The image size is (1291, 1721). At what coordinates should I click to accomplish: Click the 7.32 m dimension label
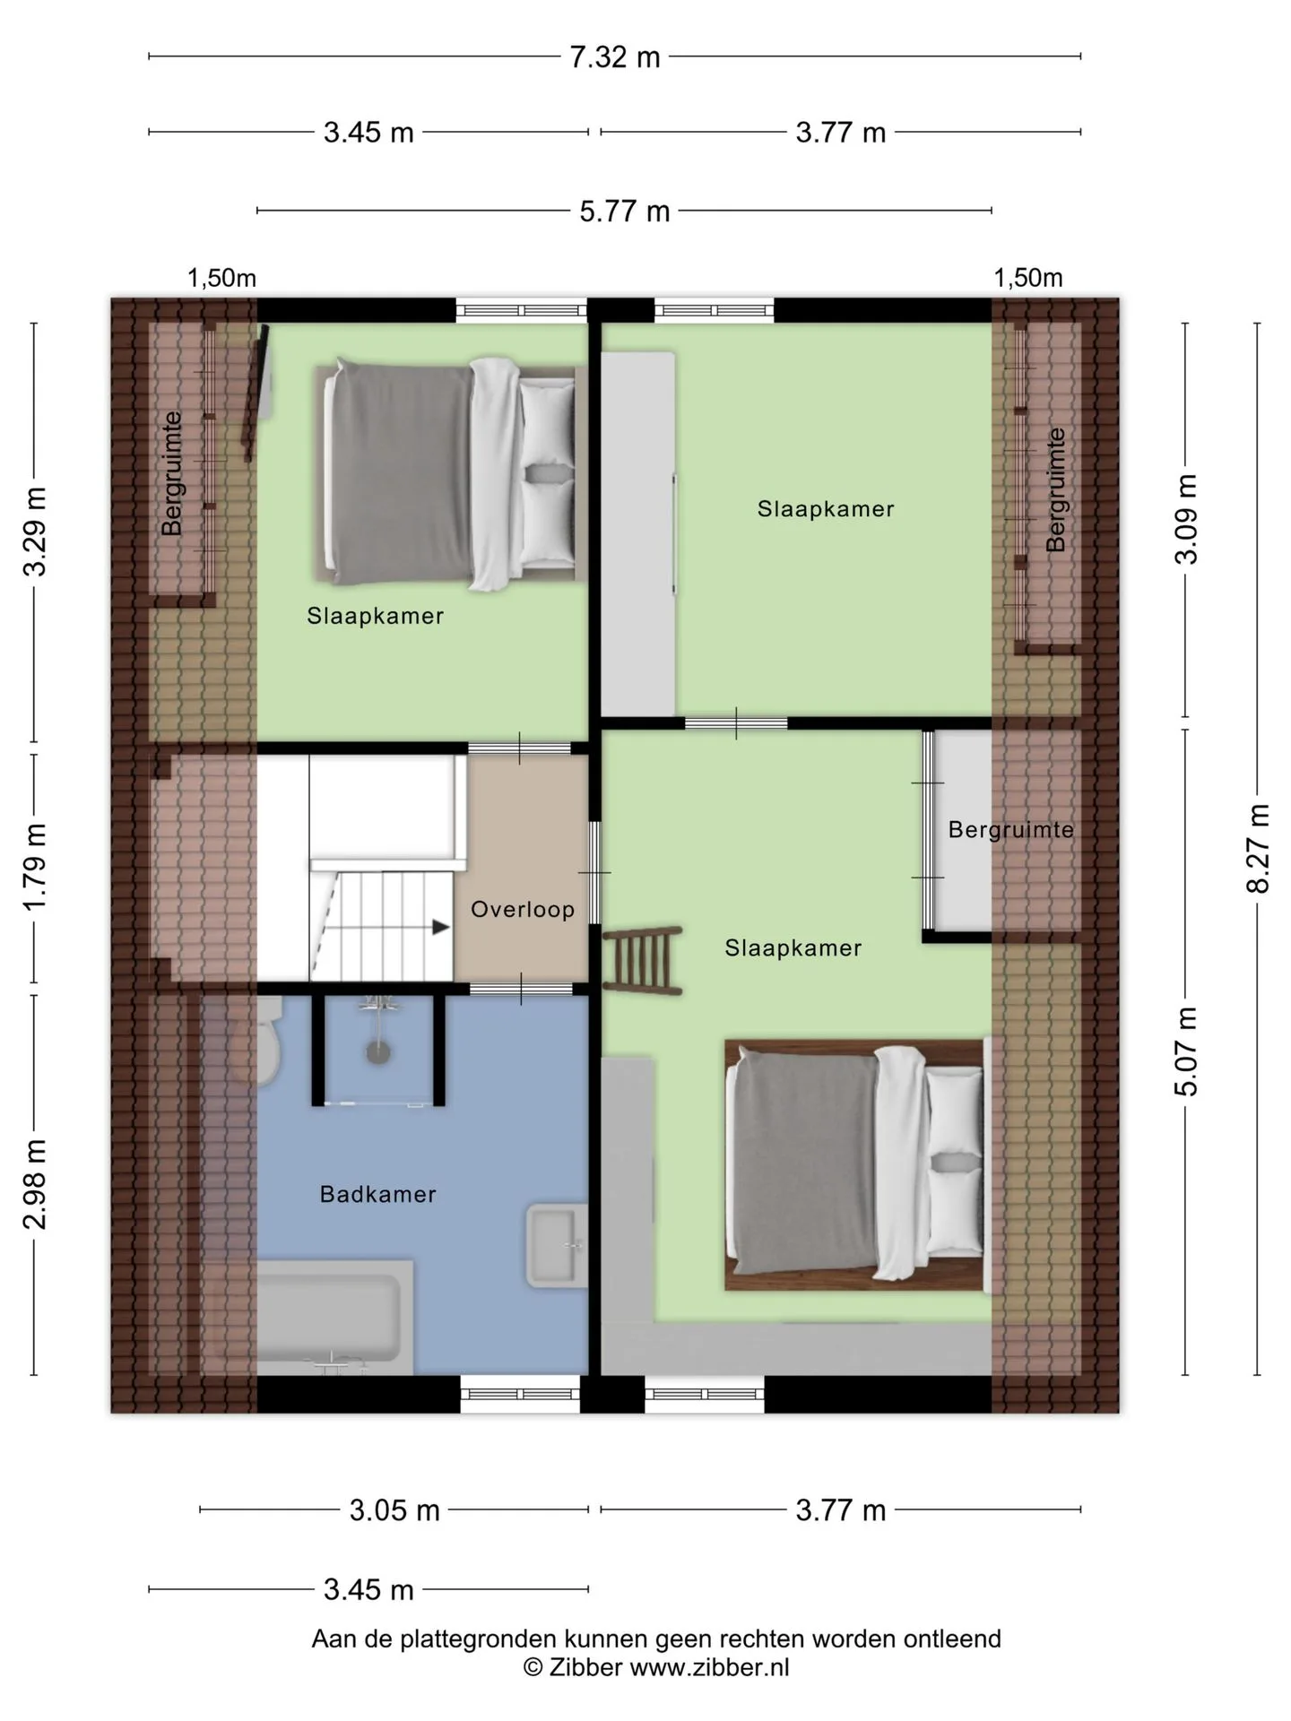pyautogui.click(x=615, y=57)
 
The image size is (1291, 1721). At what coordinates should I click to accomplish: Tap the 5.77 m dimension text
pyautogui.click(x=625, y=212)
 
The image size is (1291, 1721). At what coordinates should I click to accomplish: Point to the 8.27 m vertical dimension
pyautogui.click(x=1258, y=849)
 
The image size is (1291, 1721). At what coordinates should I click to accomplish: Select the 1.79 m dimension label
pyautogui.click(x=35, y=867)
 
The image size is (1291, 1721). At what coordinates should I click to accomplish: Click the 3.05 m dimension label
pyautogui.click(x=394, y=1510)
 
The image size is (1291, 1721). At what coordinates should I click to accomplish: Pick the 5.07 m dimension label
pyautogui.click(x=1186, y=1051)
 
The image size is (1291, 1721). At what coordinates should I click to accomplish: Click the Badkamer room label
pyautogui.click(x=378, y=1194)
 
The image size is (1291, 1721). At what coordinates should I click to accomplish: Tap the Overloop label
pyautogui.click(x=523, y=910)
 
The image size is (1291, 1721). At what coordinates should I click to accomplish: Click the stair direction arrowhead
pyautogui.click(x=441, y=927)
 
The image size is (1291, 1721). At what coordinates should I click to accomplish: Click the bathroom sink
pyautogui.click(x=556, y=1245)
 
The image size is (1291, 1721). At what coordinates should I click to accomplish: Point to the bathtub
pyautogui.click(x=334, y=1318)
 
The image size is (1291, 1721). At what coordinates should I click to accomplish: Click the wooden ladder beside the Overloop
pyautogui.click(x=643, y=962)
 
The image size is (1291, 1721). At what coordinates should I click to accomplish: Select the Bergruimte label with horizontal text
pyautogui.click(x=1010, y=830)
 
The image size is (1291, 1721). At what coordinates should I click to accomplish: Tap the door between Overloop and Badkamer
pyautogui.click(x=522, y=989)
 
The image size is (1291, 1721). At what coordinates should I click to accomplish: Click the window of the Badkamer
pyautogui.click(x=520, y=1394)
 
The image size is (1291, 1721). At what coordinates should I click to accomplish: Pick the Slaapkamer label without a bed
pyautogui.click(x=826, y=509)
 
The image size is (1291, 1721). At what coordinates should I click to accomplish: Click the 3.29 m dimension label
pyautogui.click(x=35, y=532)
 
